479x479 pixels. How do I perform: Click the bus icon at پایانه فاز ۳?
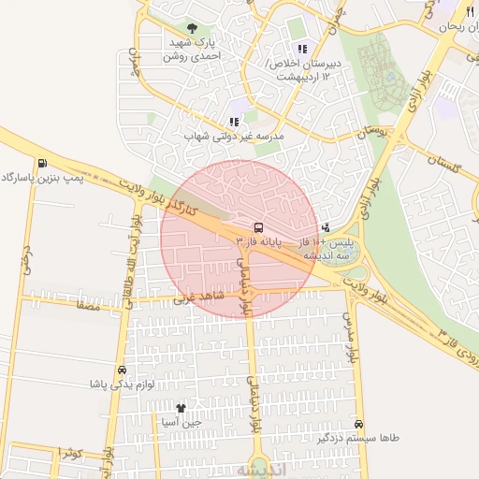click(257, 226)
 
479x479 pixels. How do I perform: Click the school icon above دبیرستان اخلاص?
click(301, 49)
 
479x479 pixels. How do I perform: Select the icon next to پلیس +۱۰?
click(326, 226)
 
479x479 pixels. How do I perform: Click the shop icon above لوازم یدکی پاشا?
click(122, 370)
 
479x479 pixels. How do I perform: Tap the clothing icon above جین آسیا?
click(180, 409)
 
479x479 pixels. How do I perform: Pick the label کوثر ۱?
click(71, 453)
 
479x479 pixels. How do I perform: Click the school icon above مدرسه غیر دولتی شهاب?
click(234, 122)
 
